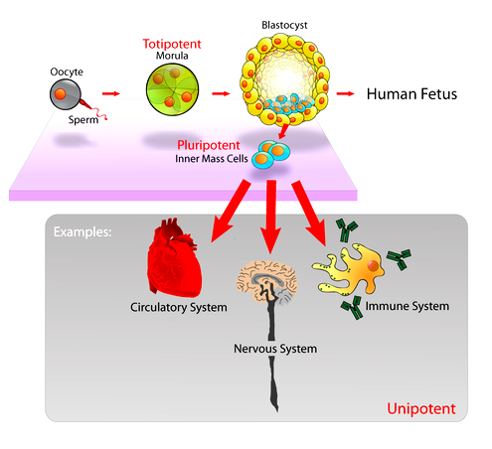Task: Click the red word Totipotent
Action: pyautogui.click(x=172, y=44)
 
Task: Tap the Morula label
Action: pyautogui.click(x=172, y=56)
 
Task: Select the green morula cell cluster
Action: pyautogui.click(x=172, y=89)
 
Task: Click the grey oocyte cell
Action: pyautogui.click(x=66, y=94)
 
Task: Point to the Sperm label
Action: pyautogui.click(x=83, y=119)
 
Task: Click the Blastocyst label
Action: pyautogui.click(x=284, y=25)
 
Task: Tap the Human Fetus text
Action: pyautogui.click(x=411, y=94)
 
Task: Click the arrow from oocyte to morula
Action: pyautogui.click(x=111, y=93)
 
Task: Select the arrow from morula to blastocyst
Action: pyautogui.click(x=221, y=93)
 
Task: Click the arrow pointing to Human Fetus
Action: pyautogui.click(x=345, y=93)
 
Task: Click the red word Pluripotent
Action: pyautogui.click(x=209, y=145)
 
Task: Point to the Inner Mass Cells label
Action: pyautogui.click(x=212, y=159)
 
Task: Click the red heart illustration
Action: pyautogui.click(x=174, y=257)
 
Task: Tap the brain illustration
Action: pyautogui.click(x=267, y=281)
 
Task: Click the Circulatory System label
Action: pyautogui.click(x=179, y=307)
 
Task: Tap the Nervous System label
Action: pyautogui.click(x=275, y=349)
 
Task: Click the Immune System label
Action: pyautogui.click(x=408, y=306)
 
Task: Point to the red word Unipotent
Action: pyautogui.click(x=421, y=409)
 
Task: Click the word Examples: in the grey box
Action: pyautogui.click(x=82, y=232)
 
